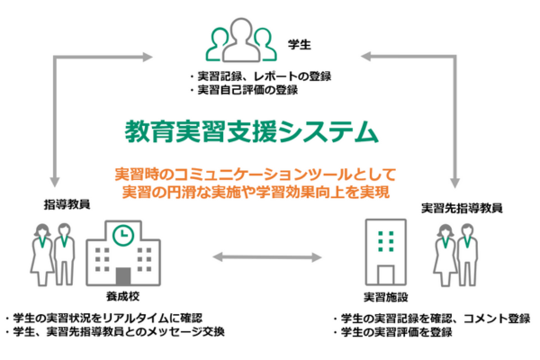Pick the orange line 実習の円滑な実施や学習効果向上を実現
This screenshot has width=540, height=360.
click(256, 191)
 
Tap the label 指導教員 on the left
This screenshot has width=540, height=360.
click(67, 203)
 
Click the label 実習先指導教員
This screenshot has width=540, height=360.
click(461, 208)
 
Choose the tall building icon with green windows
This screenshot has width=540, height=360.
click(385, 247)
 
